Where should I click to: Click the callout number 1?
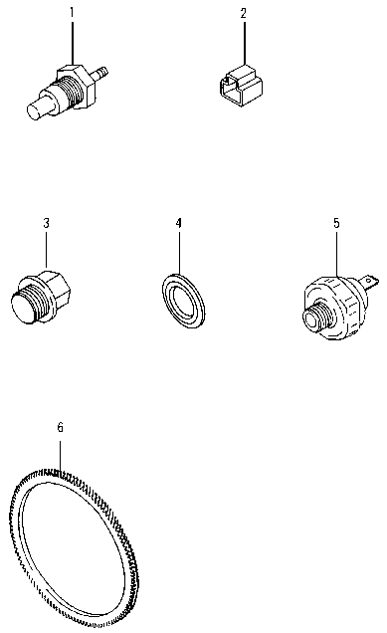pos(72,13)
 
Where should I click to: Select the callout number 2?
pos(243,13)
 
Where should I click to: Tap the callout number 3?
pos(46,223)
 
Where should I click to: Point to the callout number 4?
pos(178,223)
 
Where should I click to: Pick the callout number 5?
pos(336,223)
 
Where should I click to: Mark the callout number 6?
pos(60,428)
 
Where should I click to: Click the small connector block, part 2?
pos(242,86)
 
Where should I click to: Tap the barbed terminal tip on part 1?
pos(100,73)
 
